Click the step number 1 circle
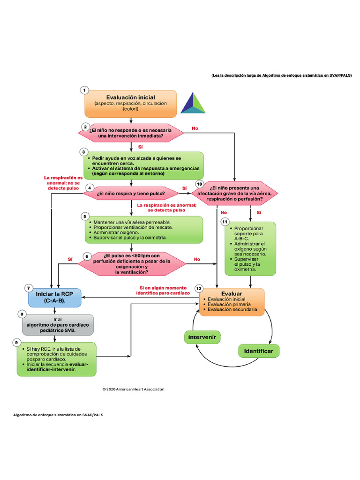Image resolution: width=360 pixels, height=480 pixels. (x=84, y=90)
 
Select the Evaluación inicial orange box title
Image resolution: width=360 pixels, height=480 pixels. (x=131, y=97)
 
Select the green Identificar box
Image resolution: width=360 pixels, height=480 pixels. (x=259, y=351)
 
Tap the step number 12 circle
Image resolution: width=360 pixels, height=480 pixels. (x=199, y=288)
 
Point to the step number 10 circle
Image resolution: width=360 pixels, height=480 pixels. (x=199, y=184)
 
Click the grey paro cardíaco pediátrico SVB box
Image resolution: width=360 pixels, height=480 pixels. (x=58, y=325)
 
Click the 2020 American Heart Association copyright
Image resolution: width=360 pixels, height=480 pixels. (x=133, y=389)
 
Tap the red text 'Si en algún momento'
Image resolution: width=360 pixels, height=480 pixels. (x=163, y=287)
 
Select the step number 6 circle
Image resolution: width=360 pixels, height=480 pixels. (x=86, y=256)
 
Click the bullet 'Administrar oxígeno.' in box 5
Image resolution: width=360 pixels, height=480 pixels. (x=116, y=232)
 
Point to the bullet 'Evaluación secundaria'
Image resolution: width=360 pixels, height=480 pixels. (x=232, y=310)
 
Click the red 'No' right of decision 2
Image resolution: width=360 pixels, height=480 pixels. (x=195, y=127)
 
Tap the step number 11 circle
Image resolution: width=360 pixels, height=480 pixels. (x=225, y=221)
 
